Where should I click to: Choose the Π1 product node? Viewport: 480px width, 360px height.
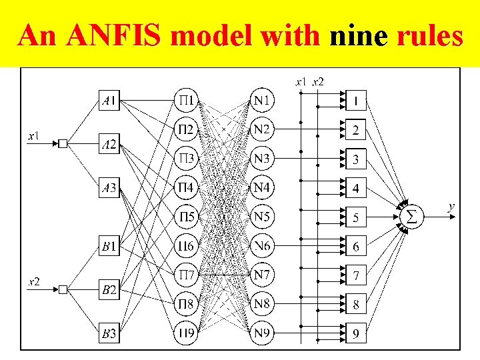pos(186,101)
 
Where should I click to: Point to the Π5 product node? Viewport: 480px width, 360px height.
pos(186,217)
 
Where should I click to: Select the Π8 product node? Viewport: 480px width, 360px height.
pos(186,303)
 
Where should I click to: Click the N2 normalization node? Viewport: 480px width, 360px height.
pos(262,129)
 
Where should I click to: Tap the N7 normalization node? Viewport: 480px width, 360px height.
pos(262,274)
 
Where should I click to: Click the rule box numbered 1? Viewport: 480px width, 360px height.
pos(356,101)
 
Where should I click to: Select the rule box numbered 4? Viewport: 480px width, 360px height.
pos(356,188)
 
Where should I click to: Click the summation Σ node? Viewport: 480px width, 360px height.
pos(411,217)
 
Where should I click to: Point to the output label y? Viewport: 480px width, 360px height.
pos(451,207)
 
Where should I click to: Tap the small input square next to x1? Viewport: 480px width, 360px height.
pos(62,143)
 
